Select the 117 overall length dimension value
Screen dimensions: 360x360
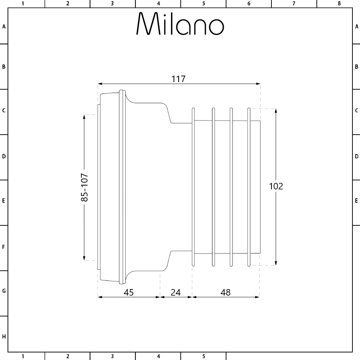(179, 79)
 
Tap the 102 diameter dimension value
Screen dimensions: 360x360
(276, 186)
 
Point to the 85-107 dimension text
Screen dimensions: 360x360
(84, 187)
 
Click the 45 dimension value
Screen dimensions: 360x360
(129, 292)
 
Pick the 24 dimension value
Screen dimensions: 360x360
(175, 292)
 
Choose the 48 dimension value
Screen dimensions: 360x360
(225, 292)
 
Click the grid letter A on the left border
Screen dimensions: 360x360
(4, 26)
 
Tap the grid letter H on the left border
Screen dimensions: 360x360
(4, 337)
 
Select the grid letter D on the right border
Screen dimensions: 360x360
(356, 157)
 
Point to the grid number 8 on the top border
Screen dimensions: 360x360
(339, 4)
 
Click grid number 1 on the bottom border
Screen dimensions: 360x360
(23, 356)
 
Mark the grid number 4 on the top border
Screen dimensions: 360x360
(158, 4)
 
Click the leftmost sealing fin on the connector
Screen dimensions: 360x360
(193, 187)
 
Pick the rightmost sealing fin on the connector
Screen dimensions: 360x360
(248, 187)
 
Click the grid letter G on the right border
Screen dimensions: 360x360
(356, 291)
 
